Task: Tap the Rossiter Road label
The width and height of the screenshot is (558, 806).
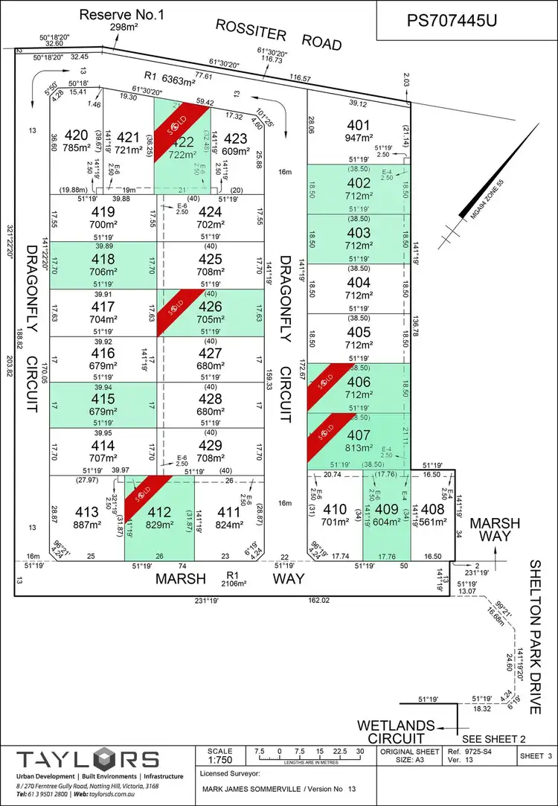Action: [x=279, y=35]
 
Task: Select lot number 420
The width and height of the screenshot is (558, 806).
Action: [x=75, y=135]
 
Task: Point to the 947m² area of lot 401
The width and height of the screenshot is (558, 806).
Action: [x=357, y=138]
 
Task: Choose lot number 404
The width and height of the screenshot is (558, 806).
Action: [x=358, y=282]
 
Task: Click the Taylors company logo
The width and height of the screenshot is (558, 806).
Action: [x=89, y=760]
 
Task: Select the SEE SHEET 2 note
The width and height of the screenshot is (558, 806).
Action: [x=493, y=739]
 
